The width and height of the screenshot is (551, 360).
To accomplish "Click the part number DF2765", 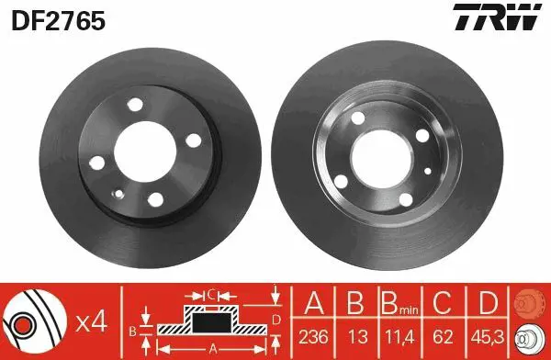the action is (59, 20).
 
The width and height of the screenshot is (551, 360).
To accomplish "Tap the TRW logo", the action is (497, 17).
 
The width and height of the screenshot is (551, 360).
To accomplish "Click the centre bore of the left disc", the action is (145, 152).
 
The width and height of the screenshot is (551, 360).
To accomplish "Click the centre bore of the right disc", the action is (381, 159).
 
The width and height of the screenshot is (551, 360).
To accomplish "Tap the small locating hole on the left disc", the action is (119, 194).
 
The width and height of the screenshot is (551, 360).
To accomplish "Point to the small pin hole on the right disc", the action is (428, 171).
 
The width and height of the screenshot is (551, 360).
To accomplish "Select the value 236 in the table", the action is (313, 337).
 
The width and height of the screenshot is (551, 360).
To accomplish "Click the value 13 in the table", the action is (358, 337).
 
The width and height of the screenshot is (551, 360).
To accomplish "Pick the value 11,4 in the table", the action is (399, 338).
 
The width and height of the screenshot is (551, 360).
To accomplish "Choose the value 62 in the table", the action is (443, 337).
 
